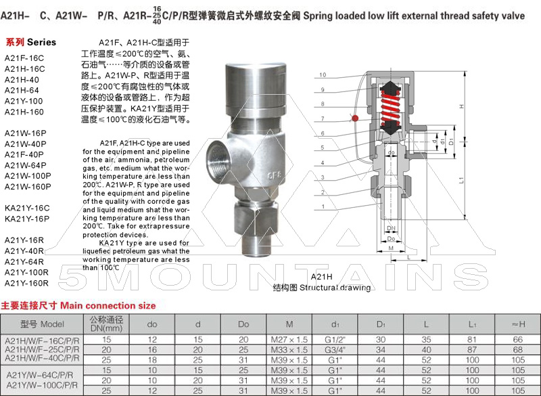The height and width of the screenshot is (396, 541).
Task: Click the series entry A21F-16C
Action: coord(24,58)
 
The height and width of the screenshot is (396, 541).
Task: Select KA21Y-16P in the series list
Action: coord(27,219)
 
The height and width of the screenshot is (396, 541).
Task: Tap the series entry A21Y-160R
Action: coord(27,282)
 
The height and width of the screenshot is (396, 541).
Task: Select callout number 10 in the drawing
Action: coord(323,74)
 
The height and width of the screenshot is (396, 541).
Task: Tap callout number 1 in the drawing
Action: coord(323,206)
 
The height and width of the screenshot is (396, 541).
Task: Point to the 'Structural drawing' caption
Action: coord(322,288)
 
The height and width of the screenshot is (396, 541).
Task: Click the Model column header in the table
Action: coord(43,324)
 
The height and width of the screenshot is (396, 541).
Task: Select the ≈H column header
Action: coord(518,324)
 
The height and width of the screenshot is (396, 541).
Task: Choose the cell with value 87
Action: coord(471,349)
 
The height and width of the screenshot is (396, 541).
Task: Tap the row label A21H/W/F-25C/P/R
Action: coord(43,349)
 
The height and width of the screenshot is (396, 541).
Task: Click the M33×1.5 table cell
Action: coord(289,349)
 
